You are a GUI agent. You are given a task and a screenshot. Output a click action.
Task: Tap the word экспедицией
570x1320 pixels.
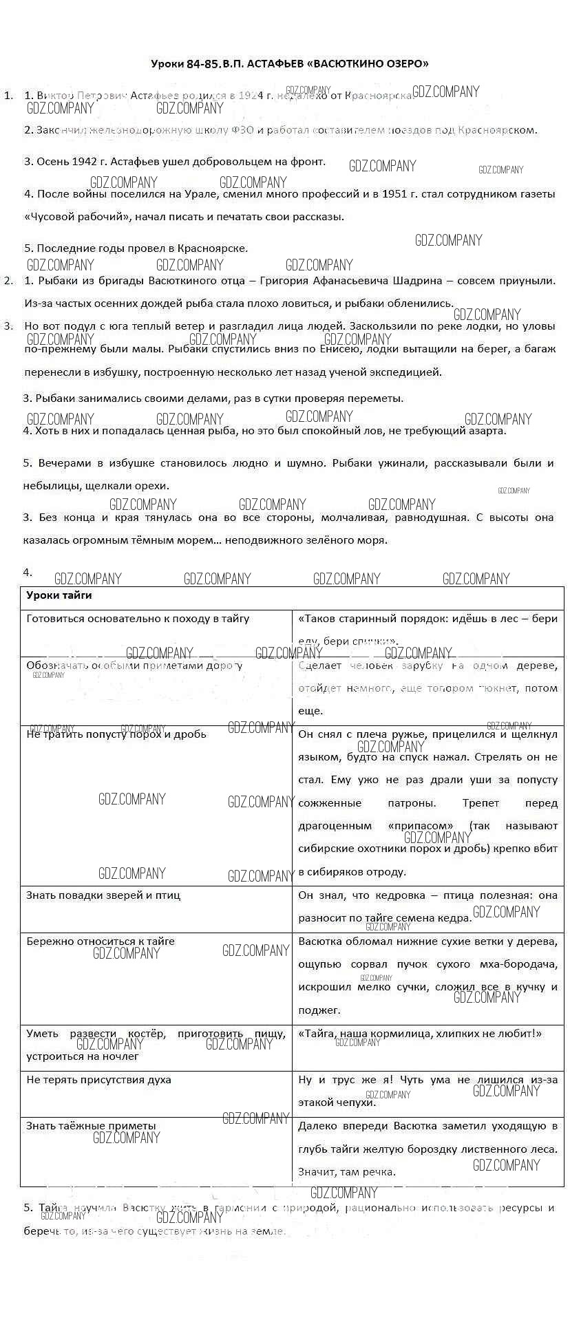pyautogui.click(x=407, y=372)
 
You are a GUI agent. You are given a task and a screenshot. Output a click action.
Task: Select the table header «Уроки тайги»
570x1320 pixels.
pyautogui.click(x=59, y=595)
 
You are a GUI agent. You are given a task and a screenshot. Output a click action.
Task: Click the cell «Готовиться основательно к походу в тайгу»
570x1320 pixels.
pyautogui.click(x=138, y=619)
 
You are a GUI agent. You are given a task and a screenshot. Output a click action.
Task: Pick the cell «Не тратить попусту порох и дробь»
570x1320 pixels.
pyautogui.click(x=116, y=734)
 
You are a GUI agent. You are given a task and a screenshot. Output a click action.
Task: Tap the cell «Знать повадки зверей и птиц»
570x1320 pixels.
pyautogui.click(x=103, y=895)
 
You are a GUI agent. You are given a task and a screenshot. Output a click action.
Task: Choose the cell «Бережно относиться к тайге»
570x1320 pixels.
pyautogui.click(x=101, y=941)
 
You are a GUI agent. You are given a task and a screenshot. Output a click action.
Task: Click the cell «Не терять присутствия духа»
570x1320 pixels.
pyautogui.click(x=98, y=1080)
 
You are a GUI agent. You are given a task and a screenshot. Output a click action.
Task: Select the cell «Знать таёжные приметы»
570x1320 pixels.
pyautogui.click(x=91, y=1126)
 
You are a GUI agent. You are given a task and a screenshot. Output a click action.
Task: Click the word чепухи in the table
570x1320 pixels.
pyautogui.click(x=355, y=1103)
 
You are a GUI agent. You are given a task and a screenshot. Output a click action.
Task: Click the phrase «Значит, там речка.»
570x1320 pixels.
pyautogui.click(x=346, y=1172)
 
